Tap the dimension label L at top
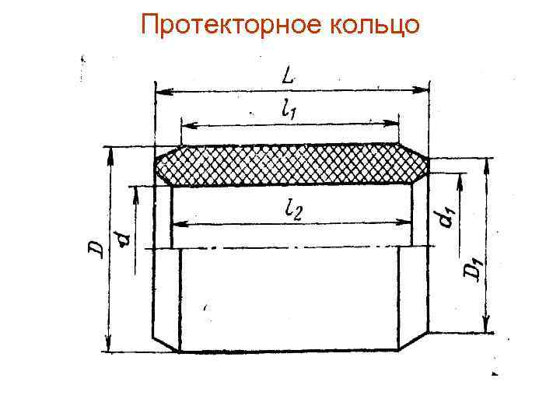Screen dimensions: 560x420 (290, 78)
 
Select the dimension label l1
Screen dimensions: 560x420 (289, 110)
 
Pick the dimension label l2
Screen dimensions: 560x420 (292, 208)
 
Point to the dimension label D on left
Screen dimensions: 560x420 (95, 249)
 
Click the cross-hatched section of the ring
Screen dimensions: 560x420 (292, 164)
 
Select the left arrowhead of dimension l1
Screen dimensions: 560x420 (186, 124)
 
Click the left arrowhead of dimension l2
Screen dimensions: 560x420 (177, 224)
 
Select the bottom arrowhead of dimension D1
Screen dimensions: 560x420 (487, 327)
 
